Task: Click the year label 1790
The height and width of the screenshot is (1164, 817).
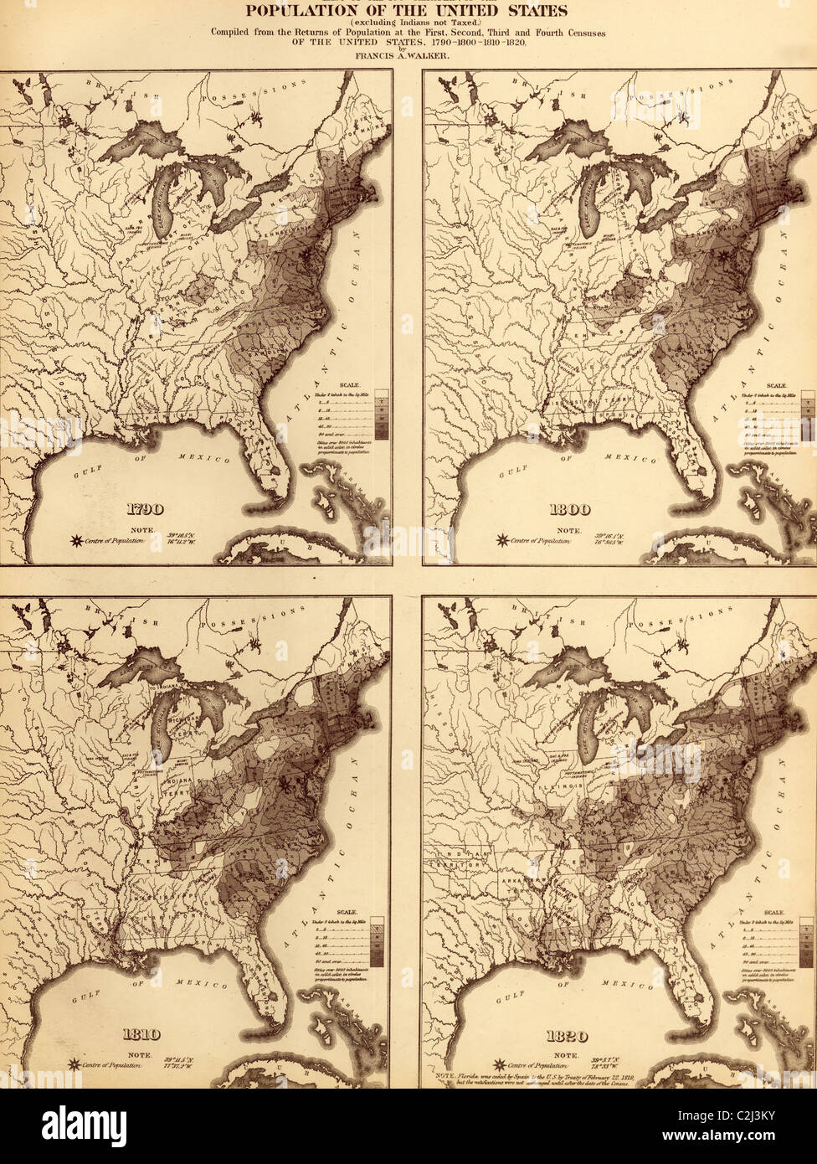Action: (145, 509)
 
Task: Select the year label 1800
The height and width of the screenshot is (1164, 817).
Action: (568, 509)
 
